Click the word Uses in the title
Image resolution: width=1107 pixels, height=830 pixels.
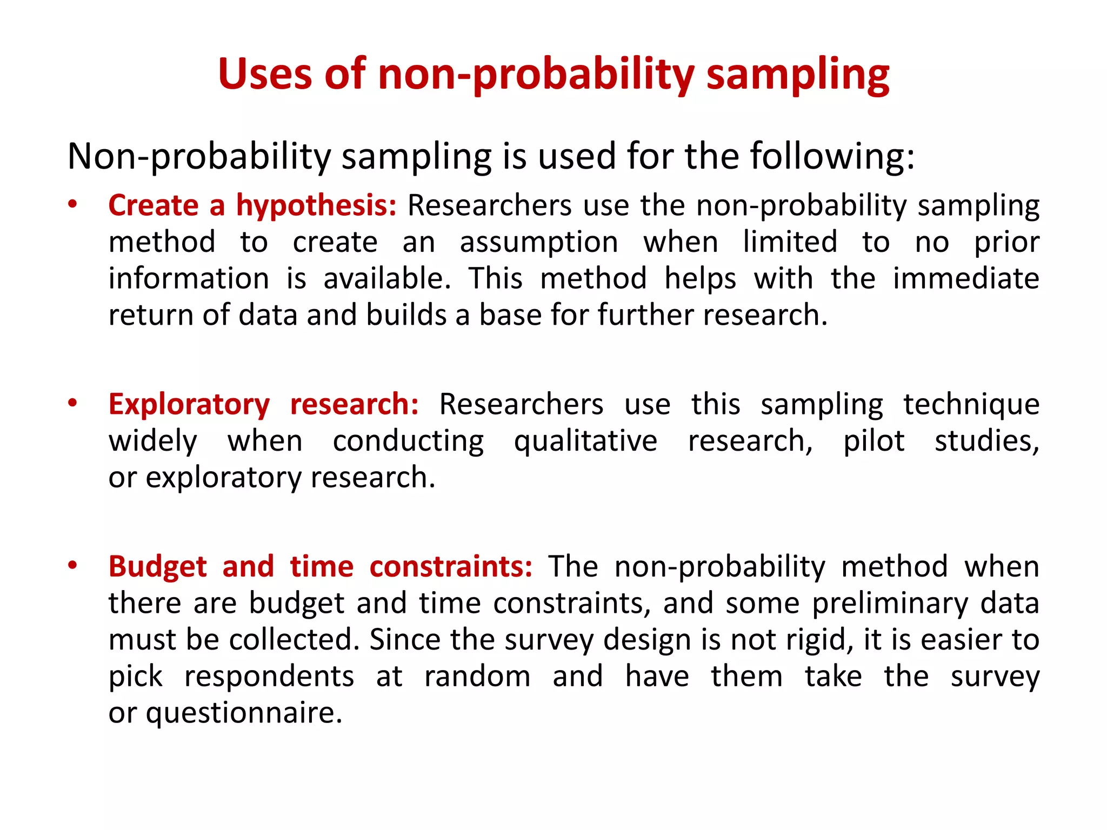pyautogui.click(x=265, y=74)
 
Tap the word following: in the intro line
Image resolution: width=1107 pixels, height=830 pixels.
pyautogui.click(x=832, y=157)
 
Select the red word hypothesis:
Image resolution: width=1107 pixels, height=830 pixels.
pyautogui.click(x=316, y=206)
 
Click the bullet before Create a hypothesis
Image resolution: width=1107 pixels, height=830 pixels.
pyautogui.click(x=72, y=205)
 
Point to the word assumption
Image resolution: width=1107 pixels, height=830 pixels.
pyautogui.click(x=539, y=242)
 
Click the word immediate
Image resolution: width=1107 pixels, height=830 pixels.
pyautogui.click(x=966, y=279)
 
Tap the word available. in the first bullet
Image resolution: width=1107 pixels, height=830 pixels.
pyautogui.click(x=387, y=279)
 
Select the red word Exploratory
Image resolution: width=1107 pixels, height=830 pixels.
pyautogui.click(x=189, y=405)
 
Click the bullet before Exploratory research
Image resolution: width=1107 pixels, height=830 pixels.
pyautogui.click(x=72, y=403)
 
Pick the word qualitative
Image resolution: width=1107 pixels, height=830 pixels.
pyautogui.click(x=585, y=441)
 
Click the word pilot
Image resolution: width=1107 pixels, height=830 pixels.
pyautogui.click(x=873, y=441)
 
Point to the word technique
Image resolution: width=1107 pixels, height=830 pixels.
pyautogui.click(x=971, y=405)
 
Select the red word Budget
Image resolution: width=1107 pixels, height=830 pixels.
pyautogui.click(x=157, y=567)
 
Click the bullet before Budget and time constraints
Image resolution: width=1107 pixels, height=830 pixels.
pyautogui.click(x=72, y=566)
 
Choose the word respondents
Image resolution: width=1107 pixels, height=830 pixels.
pyautogui.click(x=269, y=677)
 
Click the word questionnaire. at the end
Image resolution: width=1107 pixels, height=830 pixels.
pyautogui.click(x=244, y=713)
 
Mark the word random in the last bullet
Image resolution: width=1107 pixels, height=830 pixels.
pyautogui.click(x=477, y=677)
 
